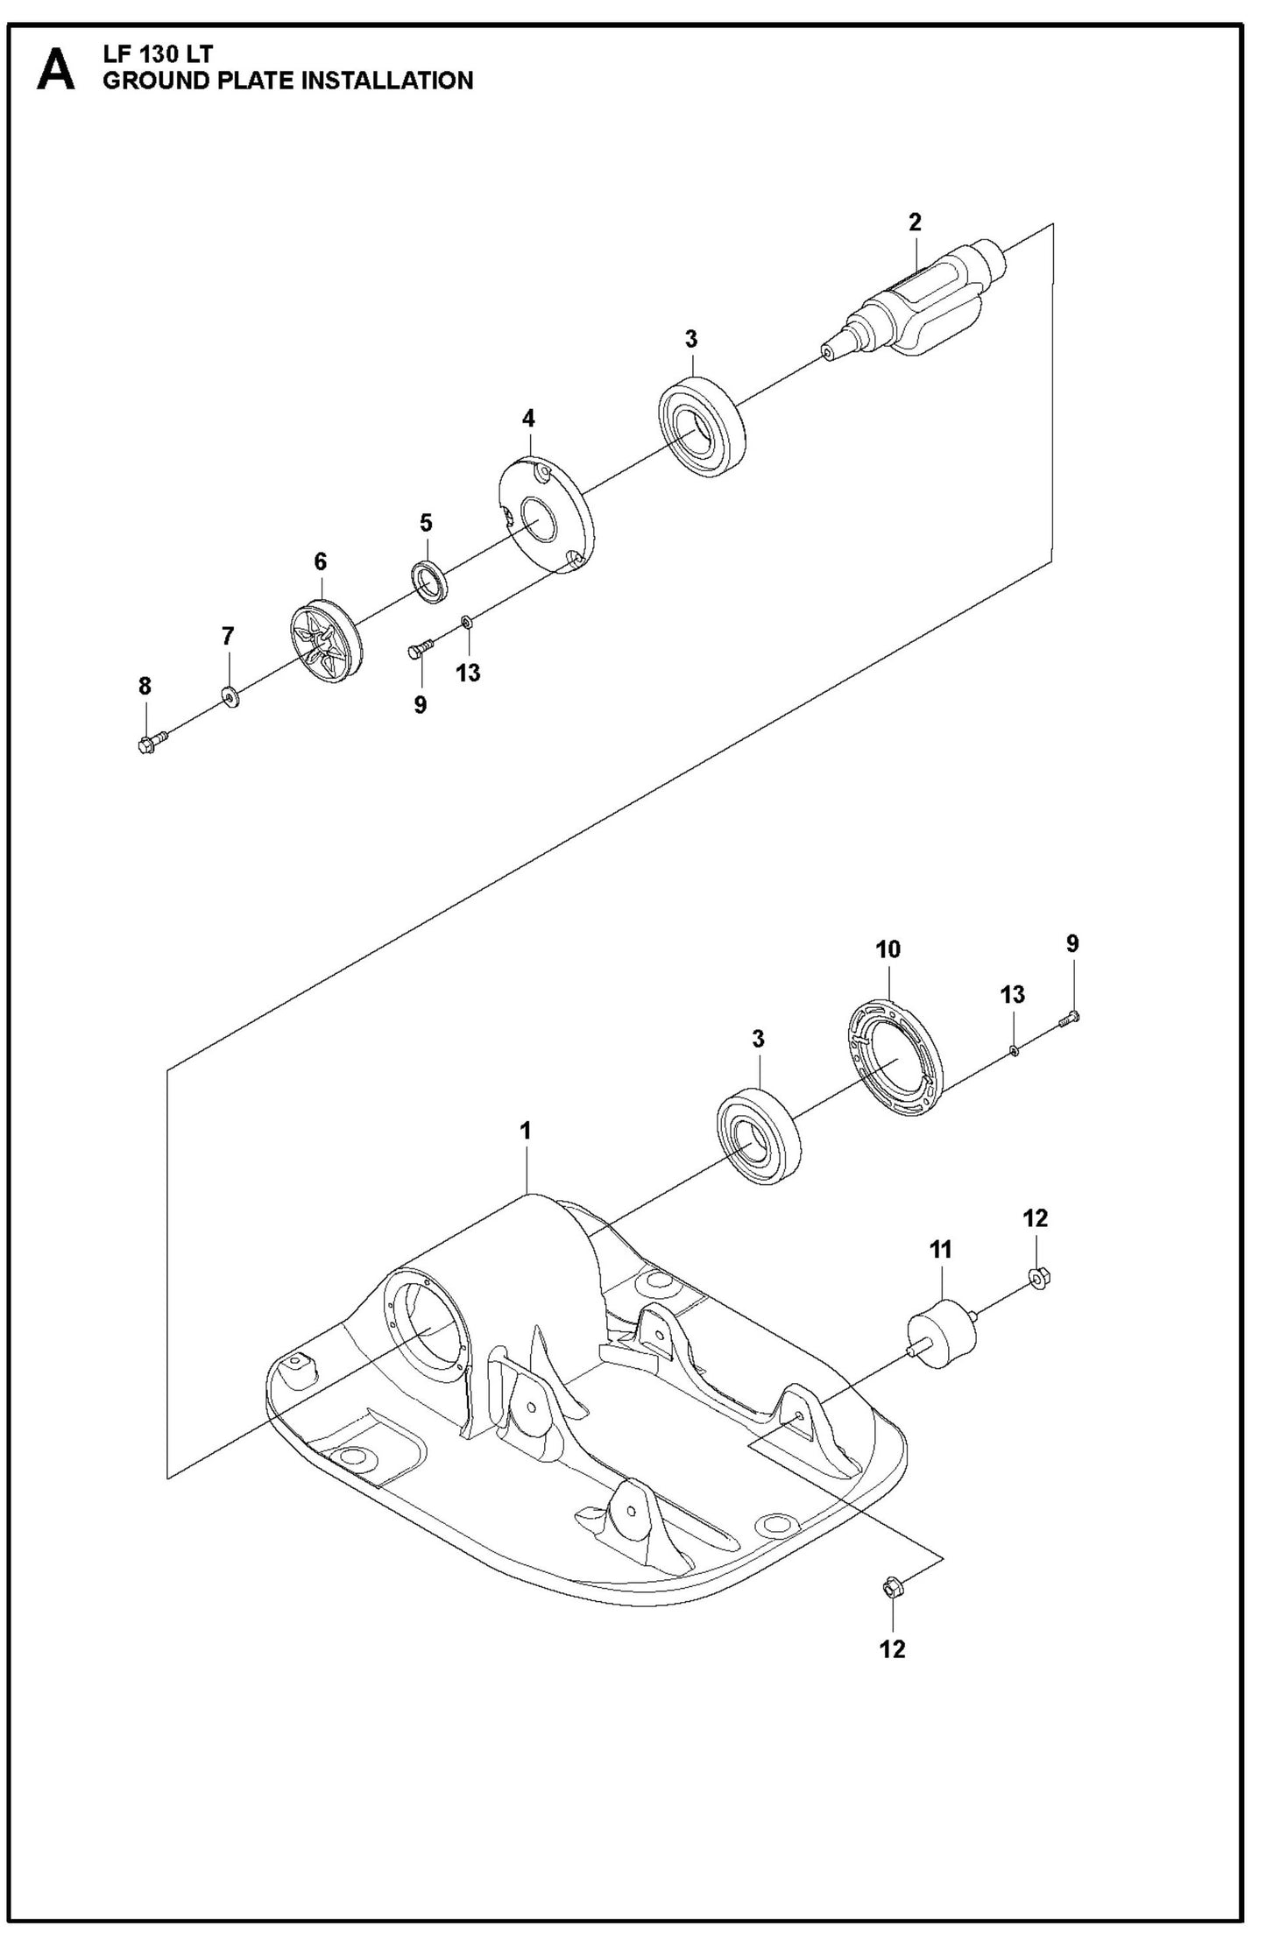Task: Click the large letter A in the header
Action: (55, 69)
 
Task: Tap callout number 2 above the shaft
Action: (915, 222)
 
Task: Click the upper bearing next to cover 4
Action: (702, 427)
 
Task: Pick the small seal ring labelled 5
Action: (429, 580)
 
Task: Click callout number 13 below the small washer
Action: (468, 673)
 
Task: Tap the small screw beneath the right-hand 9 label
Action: (1072, 1016)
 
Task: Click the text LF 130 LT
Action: (158, 54)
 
